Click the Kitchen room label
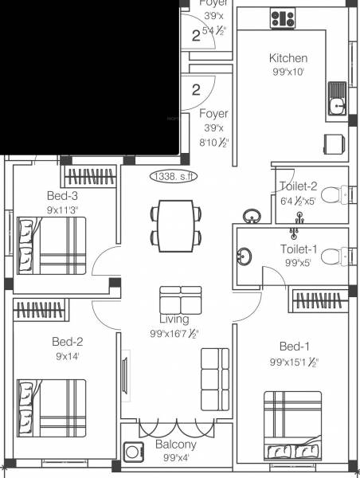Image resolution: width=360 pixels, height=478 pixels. pos(288,58)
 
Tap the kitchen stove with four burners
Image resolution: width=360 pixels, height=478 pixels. pos(282,18)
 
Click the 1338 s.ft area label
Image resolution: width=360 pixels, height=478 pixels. pos(172,177)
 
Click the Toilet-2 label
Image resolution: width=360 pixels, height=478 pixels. pos(298,186)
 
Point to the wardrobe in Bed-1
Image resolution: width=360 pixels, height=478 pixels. pos(319,300)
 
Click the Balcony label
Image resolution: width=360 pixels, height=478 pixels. pos(177,445)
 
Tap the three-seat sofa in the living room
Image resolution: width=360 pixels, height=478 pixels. pos(213,378)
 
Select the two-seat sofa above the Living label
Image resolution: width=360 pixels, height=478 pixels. pos(180,300)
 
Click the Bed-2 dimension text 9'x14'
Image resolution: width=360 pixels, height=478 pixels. pos(68,357)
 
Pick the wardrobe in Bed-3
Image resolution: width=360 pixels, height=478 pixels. pos(90,175)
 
